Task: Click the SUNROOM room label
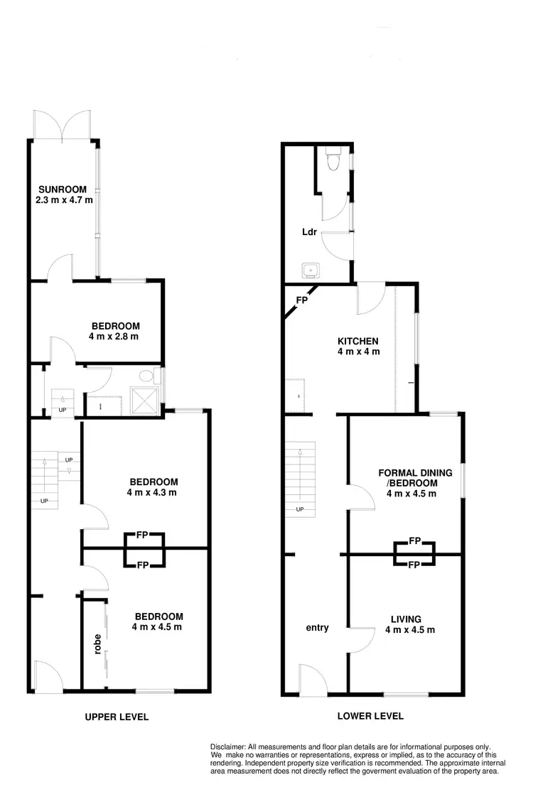[63, 190]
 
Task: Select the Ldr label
[309, 232]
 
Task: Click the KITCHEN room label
[357, 341]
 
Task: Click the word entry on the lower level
[317, 627]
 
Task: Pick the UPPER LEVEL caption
[117, 717]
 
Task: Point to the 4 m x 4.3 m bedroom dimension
[151, 491]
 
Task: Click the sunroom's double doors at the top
[63, 126]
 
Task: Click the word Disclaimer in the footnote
[227, 746]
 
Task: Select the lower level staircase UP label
[299, 509]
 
